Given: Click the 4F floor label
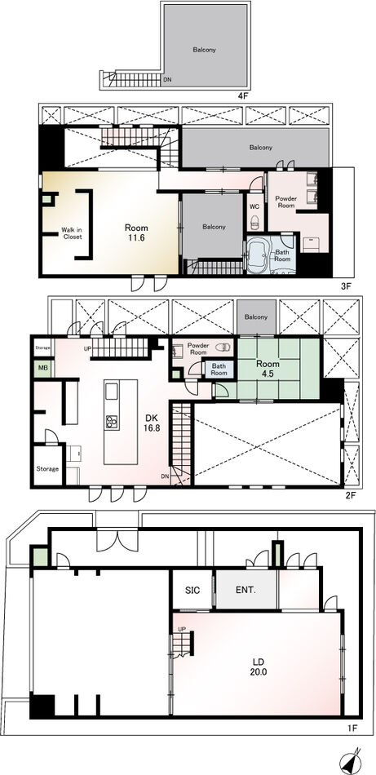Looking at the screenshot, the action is [242, 96].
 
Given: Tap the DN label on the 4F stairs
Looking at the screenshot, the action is [167, 79].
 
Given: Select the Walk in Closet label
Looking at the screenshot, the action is [72, 232].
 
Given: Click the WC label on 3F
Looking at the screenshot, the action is [254, 206].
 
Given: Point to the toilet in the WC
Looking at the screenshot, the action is [255, 221].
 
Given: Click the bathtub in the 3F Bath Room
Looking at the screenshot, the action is [256, 255].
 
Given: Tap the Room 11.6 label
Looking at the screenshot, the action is [136, 232].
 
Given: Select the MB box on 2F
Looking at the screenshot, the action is [42, 370].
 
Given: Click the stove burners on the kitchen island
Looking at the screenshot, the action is [111, 422].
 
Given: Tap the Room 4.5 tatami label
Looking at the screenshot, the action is [267, 368].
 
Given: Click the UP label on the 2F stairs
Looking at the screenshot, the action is [88, 349].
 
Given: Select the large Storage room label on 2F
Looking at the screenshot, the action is [48, 468].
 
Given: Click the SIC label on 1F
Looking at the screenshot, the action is [192, 590].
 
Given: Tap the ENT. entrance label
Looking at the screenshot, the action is [246, 590].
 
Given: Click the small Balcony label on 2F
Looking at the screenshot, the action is [256, 317].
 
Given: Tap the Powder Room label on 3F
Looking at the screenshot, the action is [286, 201].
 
